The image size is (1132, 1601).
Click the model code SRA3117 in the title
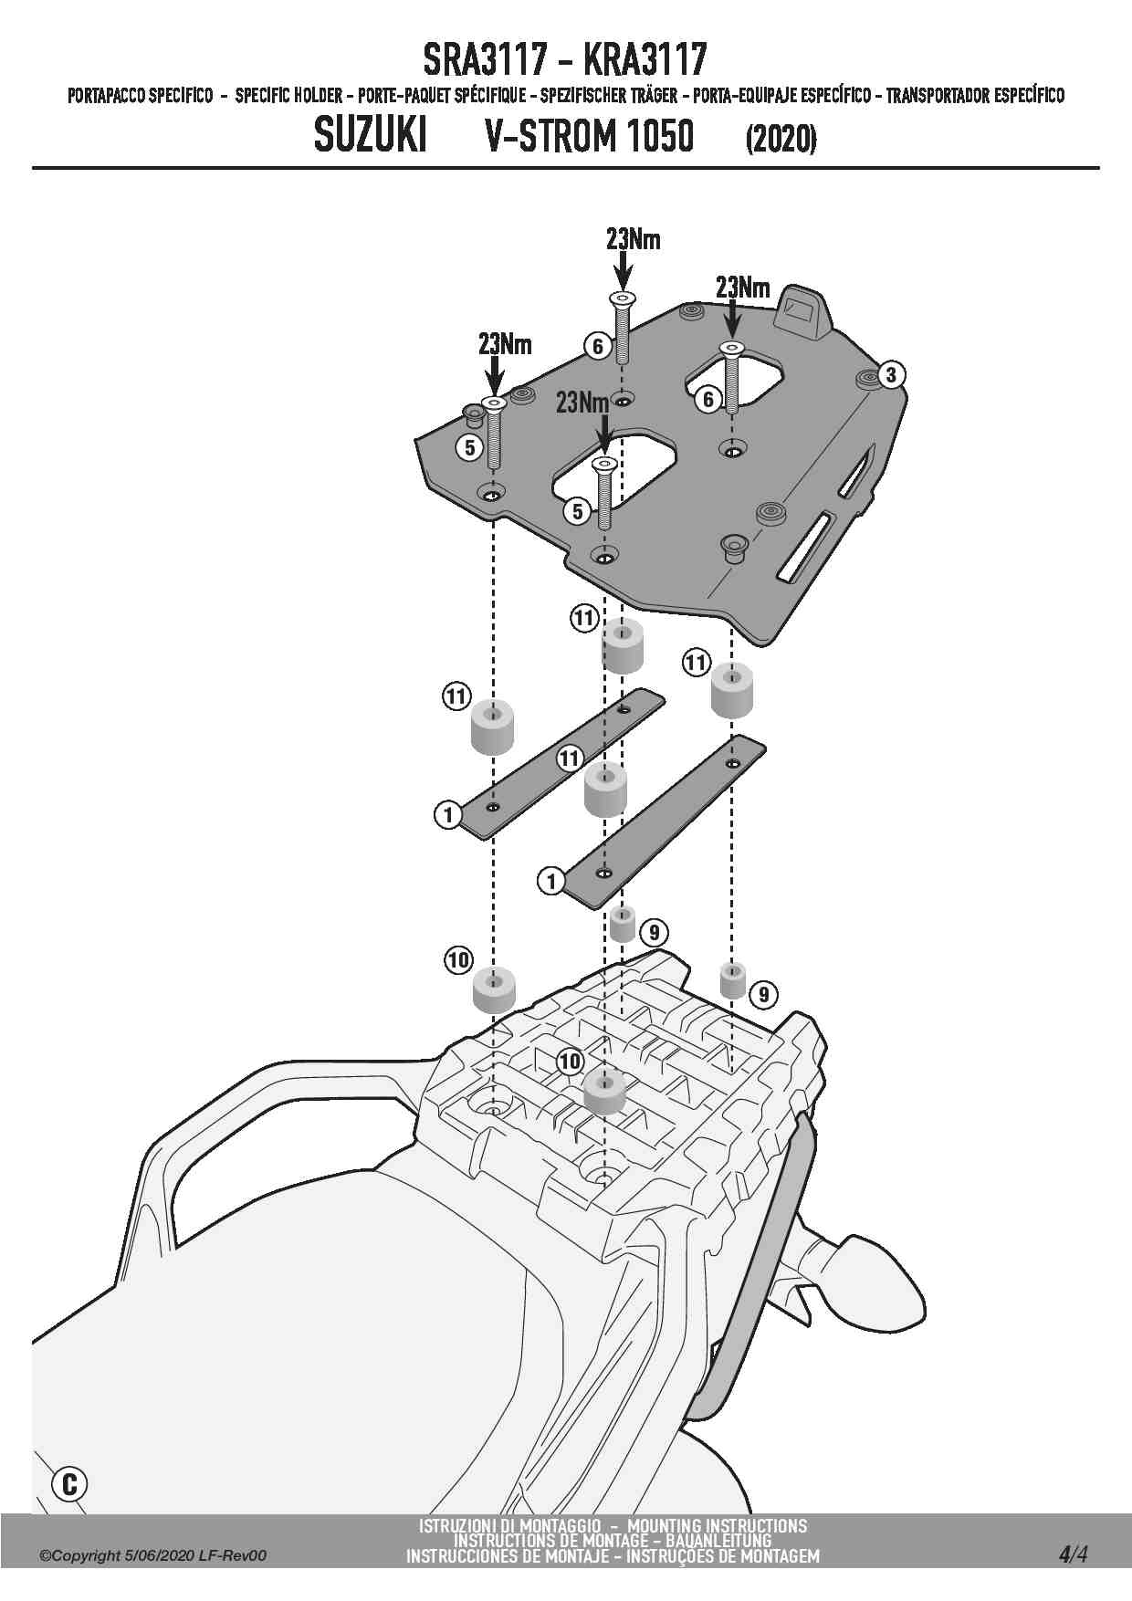tap(486, 60)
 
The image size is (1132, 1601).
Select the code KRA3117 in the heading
tap(644, 60)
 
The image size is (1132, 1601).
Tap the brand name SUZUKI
tap(370, 137)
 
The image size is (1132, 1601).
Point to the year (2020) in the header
tap(781, 139)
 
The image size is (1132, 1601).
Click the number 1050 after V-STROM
tap(653, 137)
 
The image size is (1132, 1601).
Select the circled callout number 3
tap(891, 374)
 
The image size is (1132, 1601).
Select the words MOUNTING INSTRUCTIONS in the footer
tap(718, 1526)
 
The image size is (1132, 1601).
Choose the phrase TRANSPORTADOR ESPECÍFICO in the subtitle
tap(975, 95)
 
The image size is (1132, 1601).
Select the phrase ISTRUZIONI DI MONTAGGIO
tap(509, 1526)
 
